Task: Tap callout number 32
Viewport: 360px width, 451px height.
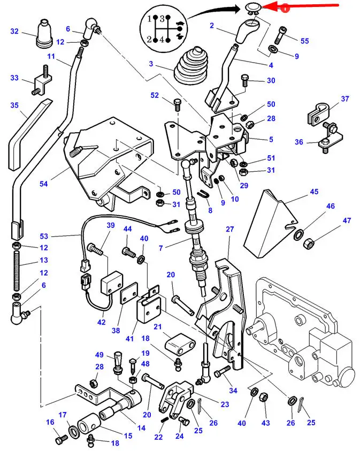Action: coord(14,31)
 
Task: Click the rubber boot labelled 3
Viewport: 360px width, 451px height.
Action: coord(190,66)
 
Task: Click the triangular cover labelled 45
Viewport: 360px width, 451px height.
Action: coord(270,223)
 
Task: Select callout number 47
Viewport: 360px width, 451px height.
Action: coord(347,220)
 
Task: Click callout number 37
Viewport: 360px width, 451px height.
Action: coord(345,98)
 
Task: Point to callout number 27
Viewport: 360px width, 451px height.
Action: coord(229,229)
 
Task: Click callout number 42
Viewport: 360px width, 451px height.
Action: coord(102,322)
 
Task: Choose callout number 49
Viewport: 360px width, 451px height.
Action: coord(99,355)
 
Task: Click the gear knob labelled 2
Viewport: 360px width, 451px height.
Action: coord(248,30)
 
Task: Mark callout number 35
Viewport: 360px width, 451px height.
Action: coord(14,105)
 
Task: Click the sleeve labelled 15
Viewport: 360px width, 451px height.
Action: coord(89,423)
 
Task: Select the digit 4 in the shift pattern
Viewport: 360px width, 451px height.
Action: coord(162,40)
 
